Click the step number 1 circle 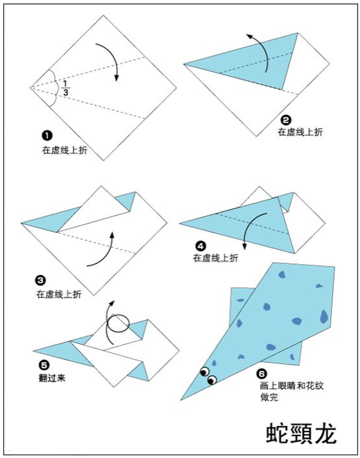pos(47,135)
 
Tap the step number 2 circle pos(286,120)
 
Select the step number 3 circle pos(40,280)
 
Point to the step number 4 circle pos(200,247)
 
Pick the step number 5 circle pos(44,365)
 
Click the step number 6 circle pos(261,374)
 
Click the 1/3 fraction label pos(66,88)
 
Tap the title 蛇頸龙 pos(301,433)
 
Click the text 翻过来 pos(52,378)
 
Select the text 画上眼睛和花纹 pos(292,386)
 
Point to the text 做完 pos(269,397)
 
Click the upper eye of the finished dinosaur pos(205,371)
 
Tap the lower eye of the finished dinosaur pos(212,379)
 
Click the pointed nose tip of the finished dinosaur pos(181,400)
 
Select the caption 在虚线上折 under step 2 pos(300,132)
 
